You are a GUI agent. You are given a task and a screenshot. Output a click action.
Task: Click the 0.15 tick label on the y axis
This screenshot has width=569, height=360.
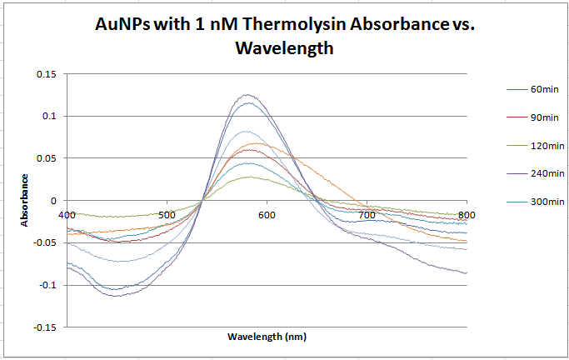pos(46,74)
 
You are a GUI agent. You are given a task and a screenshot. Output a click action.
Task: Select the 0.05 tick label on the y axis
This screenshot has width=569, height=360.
pos(46,158)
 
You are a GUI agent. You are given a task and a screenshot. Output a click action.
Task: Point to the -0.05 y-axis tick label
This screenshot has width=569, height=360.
pos(44,242)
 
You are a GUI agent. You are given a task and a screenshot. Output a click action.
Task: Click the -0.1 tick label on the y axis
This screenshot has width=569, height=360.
pos(47,285)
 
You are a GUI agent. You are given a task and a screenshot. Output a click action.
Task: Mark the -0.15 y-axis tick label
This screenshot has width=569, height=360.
pos(44,327)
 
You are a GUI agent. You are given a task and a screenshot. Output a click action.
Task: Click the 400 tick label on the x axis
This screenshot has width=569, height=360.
pos(67,214)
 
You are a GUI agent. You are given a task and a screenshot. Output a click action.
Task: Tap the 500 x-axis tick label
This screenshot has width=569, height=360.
pos(167,214)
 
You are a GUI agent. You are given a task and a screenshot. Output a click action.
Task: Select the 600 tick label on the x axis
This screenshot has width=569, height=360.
pos(267,214)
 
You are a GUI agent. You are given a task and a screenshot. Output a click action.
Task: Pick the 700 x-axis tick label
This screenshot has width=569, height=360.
pos(367,214)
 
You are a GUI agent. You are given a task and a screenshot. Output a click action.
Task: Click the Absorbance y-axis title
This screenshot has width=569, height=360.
pos(25,200)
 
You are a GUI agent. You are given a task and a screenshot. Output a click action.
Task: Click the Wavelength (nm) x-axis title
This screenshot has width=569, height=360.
pos(266,337)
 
